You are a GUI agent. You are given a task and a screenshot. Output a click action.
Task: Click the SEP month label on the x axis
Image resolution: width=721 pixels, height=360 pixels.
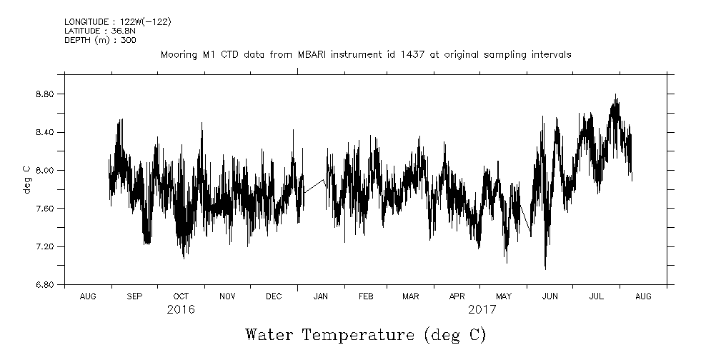click(134, 296)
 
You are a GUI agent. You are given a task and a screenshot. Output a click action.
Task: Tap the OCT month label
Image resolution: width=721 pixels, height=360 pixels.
click(181, 296)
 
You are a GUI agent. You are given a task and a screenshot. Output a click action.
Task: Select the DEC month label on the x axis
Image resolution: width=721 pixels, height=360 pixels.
click(274, 296)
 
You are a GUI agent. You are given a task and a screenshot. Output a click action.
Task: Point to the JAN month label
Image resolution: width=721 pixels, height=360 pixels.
click(321, 296)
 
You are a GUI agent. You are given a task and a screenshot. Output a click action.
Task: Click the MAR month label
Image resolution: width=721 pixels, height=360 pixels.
click(410, 296)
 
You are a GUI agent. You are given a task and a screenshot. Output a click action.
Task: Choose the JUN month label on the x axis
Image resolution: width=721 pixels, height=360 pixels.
click(550, 296)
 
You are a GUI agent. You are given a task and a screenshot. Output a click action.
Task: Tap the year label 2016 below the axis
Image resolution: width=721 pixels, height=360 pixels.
click(181, 310)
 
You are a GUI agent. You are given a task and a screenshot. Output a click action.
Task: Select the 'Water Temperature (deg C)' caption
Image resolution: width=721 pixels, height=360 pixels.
click(365, 334)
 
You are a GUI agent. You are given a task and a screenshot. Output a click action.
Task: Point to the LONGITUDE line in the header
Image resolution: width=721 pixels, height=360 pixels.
click(118, 22)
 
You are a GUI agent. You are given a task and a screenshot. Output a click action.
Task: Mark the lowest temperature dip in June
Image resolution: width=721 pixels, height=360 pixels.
click(545, 268)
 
